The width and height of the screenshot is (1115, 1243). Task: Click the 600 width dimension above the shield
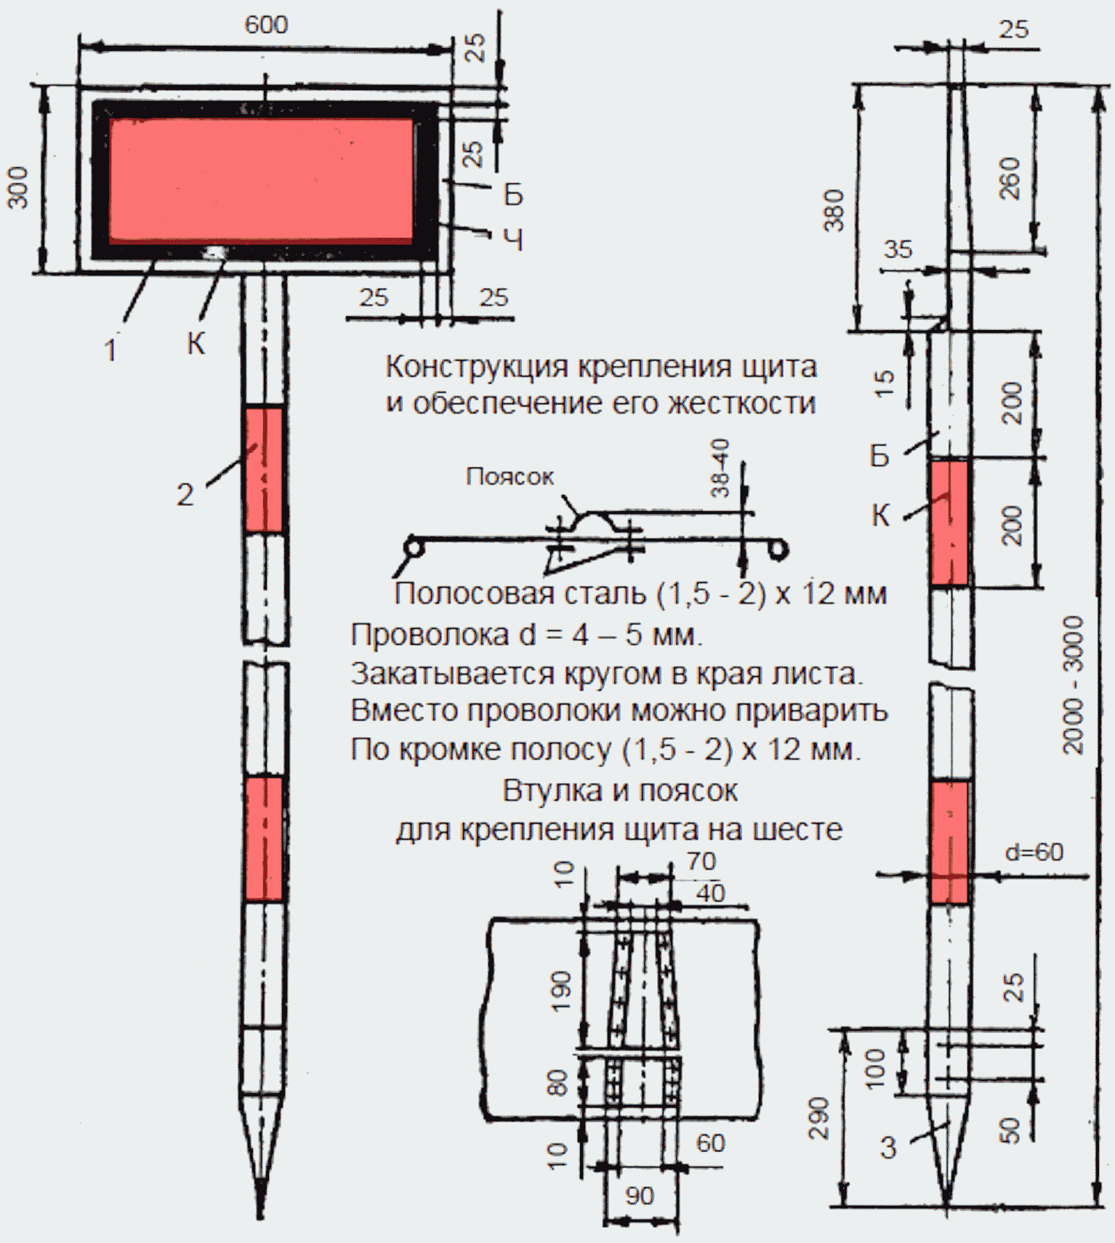pyautogui.click(x=266, y=25)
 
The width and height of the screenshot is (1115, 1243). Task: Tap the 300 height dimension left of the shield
pyautogui.click(x=17, y=188)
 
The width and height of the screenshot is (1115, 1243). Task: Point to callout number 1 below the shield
pyautogui.click(x=110, y=350)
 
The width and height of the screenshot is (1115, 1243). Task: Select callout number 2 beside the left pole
pyautogui.click(x=185, y=494)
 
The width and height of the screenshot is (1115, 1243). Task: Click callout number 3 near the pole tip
pyautogui.click(x=888, y=1148)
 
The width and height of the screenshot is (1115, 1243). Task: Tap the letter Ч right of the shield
pyautogui.click(x=513, y=239)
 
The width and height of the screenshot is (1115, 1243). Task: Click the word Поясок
pyautogui.click(x=510, y=476)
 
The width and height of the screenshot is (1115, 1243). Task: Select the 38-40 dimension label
pyautogui.click(x=720, y=467)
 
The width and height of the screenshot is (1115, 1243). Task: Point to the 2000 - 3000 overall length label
pyautogui.click(x=1074, y=685)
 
